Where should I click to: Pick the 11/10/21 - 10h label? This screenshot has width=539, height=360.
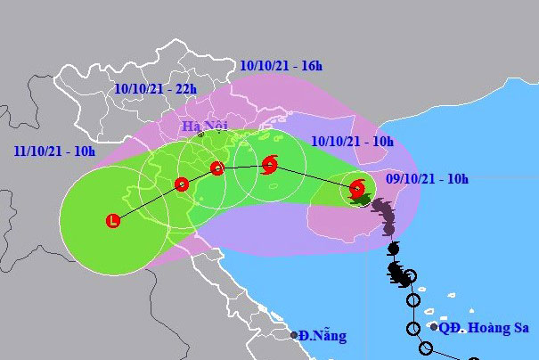click(x=54, y=152)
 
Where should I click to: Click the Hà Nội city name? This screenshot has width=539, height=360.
click(x=204, y=126)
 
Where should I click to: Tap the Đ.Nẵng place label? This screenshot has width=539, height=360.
click(x=323, y=336)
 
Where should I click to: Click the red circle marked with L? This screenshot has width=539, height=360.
click(x=113, y=220)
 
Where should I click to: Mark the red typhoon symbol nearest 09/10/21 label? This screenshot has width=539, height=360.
click(x=357, y=189)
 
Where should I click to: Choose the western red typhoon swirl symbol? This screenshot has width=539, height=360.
click(x=270, y=165)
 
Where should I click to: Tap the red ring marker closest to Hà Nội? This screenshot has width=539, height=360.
click(x=216, y=168)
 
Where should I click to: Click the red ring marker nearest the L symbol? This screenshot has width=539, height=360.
click(x=182, y=184)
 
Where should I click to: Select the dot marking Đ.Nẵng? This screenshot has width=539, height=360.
click(x=295, y=336)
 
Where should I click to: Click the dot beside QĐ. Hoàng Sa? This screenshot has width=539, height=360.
click(x=434, y=327)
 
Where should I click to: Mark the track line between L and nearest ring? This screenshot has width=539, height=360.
click(x=147, y=202)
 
